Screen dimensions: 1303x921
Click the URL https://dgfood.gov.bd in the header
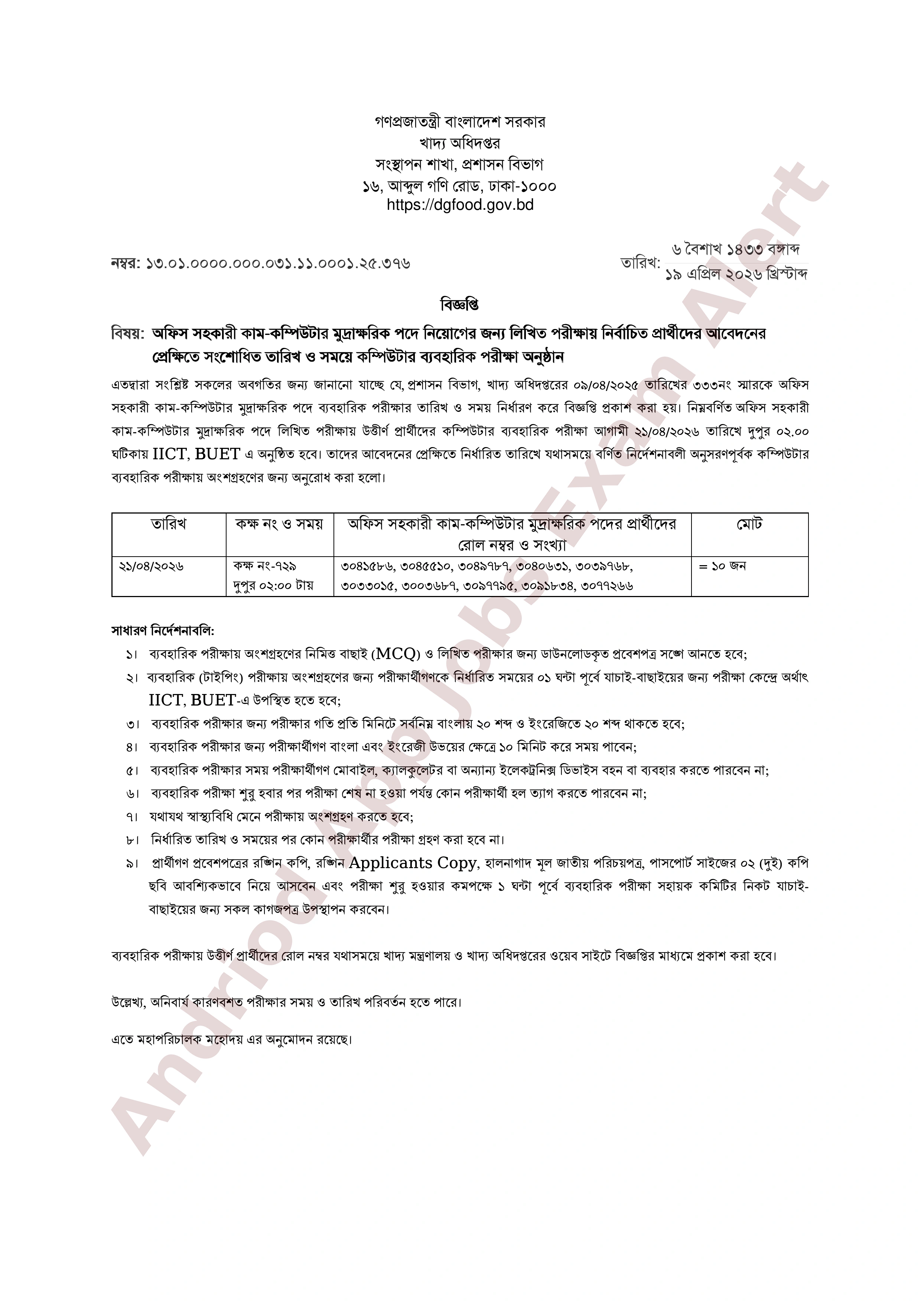[x=460, y=205]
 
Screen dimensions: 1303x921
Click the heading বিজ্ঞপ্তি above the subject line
[x=460, y=305]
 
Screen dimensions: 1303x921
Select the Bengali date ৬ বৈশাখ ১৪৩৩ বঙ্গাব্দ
[x=735, y=250]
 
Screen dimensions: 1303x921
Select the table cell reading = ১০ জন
[x=722, y=566]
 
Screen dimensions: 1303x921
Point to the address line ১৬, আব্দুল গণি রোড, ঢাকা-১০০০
[x=460, y=186]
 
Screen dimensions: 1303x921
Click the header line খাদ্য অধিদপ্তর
[x=460, y=144]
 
